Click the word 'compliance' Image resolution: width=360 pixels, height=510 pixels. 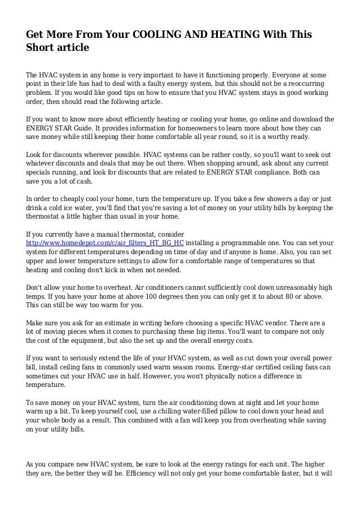point(270,173)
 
